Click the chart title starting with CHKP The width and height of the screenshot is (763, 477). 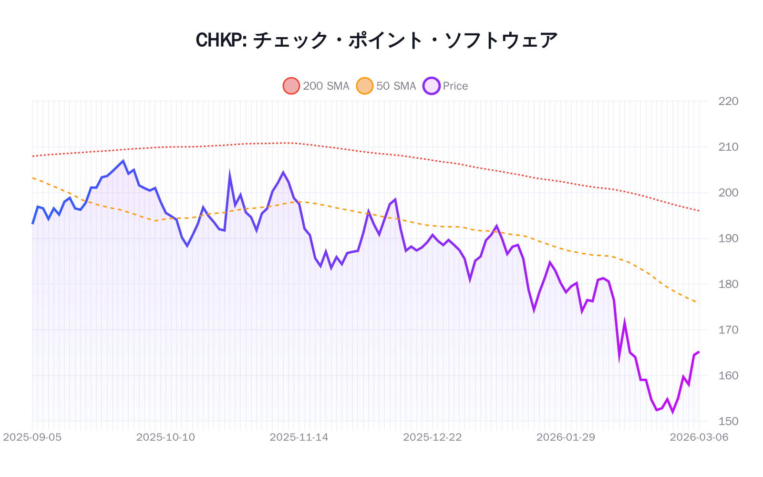(x=377, y=40)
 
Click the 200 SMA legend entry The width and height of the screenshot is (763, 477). (x=317, y=86)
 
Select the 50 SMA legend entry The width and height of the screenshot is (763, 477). (x=387, y=86)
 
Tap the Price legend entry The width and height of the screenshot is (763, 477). (x=446, y=86)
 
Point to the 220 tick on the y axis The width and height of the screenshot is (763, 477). (x=728, y=101)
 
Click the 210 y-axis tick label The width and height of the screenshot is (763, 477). (x=728, y=147)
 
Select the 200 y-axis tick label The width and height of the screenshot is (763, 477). (x=728, y=193)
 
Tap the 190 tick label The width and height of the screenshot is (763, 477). (x=728, y=238)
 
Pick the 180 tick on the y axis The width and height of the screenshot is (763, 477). (x=728, y=284)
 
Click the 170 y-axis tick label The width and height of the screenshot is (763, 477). (x=728, y=330)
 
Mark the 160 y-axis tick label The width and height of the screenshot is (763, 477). (x=728, y=375)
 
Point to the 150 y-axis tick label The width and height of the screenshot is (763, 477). (x=728, y=421)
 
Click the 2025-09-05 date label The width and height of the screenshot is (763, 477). (x=32, y=437)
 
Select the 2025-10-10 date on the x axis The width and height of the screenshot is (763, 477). (x=165, y=437)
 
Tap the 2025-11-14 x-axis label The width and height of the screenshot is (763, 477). (x=299, y=437)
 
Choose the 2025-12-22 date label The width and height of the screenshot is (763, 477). (x=433, y=437)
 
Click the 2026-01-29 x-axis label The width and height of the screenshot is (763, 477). (x=566, y=437)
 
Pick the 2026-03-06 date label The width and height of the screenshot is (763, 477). (x=699, y=437)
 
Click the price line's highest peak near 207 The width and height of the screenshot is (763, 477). (x=123, y=161)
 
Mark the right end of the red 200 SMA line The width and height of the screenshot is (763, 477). (x=699, y=211)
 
